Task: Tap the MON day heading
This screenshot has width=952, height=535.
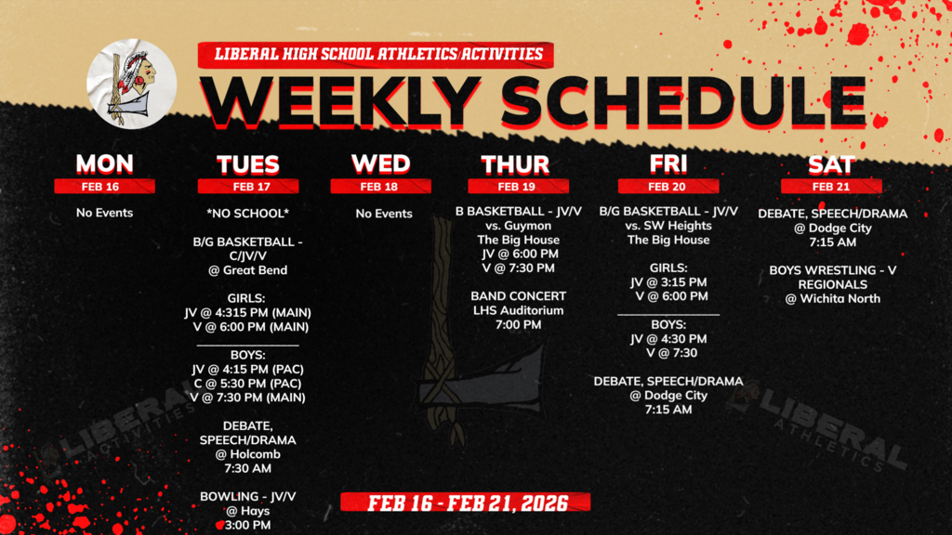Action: (104, 163)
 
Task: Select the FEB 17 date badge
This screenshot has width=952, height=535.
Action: (247, 186)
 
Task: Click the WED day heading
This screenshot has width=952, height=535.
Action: (380, 163)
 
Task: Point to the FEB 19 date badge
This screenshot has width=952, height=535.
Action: (515, 186)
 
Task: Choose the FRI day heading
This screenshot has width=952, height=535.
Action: (668, 163)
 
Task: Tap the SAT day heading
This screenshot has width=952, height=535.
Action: (830, 163)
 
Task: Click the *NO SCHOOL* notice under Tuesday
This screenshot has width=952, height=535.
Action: (247, 214)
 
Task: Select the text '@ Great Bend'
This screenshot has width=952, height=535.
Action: (247, 270)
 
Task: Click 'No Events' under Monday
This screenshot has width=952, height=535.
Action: (104, 213)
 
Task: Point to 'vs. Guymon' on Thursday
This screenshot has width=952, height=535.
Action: (516, 226)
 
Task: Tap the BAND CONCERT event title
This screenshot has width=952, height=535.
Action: (518, 296)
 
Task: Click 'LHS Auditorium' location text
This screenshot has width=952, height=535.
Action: (518, 310)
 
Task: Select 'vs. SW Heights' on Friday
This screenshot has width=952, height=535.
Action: (668, 226)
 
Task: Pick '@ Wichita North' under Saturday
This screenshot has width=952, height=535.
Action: (831, 298)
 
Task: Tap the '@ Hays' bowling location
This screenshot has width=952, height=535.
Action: (247, 511)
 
